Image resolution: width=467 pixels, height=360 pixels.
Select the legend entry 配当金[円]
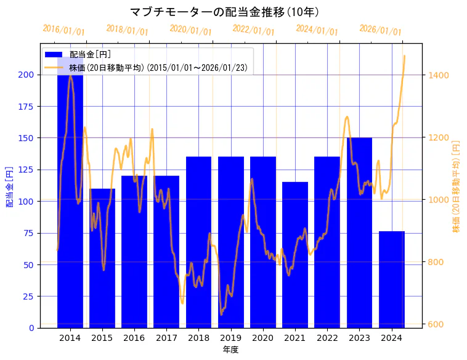90,54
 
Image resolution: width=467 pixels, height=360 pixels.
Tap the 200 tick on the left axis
27,75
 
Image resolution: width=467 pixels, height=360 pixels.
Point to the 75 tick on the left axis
30,233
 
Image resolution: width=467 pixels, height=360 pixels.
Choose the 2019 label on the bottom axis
230,338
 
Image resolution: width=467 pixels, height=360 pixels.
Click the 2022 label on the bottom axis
327,338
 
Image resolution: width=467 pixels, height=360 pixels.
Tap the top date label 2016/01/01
63,30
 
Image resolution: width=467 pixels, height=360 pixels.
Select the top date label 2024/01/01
317,30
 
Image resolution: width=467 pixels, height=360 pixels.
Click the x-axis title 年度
230,350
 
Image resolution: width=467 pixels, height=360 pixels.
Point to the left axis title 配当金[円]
10,186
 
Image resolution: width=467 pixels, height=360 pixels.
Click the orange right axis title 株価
457,186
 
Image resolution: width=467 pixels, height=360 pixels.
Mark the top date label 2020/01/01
190,30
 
